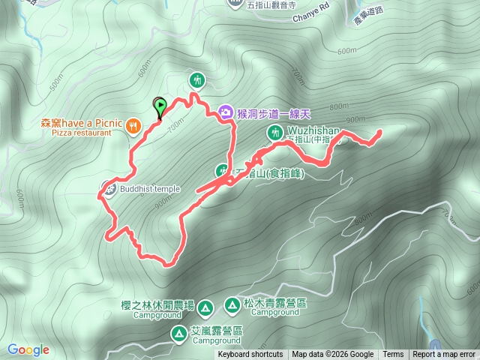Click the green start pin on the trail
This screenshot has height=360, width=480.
tap(159, 107)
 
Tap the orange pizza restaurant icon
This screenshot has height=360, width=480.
tap(133, 125)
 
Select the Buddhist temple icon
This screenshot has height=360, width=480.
tap(109, 187)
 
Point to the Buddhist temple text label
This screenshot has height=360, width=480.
tap(150, 189)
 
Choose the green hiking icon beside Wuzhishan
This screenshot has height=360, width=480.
tap(274, 133)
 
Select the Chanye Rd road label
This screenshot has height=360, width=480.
tap(290, 14)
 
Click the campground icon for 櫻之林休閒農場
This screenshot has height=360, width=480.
tap(208, 306)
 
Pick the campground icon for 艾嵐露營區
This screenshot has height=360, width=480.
tap(178, 333)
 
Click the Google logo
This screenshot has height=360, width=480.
tap(28, 349)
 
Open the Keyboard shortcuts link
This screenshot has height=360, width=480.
tap(250, 355)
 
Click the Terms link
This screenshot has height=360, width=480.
tap(393, 355)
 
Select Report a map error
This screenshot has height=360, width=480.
tap(445, 355)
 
